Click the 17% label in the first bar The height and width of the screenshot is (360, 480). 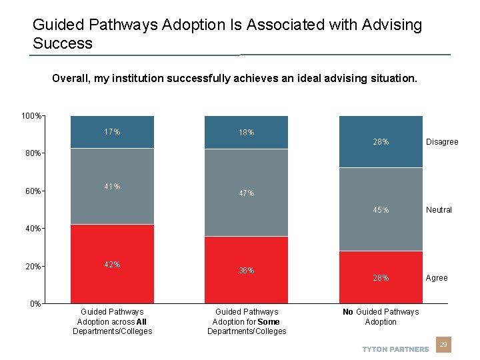pyautogui.click(x=112, y=132)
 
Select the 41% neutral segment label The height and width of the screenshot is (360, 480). pyautogui.click(x=112, y=187)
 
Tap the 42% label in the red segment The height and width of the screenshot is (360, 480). pyautogui.click(x=112, y=265)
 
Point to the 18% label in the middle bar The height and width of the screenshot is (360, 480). pyautogui.click(x=247, y=133)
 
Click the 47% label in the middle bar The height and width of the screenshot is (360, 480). pyautogui.click(x=247, y=193)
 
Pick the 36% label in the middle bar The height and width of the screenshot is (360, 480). pyautogui.click(x=247, y=271)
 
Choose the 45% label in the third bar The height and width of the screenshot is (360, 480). pyautogui.click(x=381, y=210)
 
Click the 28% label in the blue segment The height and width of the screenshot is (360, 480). pyautogui.click(x=381, y=142)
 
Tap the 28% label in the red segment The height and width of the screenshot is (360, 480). pyautogui.click(x=381, y=278)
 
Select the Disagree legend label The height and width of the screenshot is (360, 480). pyautogui.click(x=442, y=142)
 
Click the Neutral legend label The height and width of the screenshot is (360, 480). pyautogui.click(x=439, y=210)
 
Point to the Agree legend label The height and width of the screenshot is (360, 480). pyautogui.click(x=437, y=278)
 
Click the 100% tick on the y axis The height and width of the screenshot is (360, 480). pyautogui.click(x=31, y=117)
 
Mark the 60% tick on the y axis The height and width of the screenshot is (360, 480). pyautogui.click(x=33, y=191)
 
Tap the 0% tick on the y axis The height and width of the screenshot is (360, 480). pyautogui.click(x=35, y=304)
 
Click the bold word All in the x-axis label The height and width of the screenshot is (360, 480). pyautogui.click(x=141, y=321)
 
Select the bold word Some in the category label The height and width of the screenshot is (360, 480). pyautogui.click(x=268, y=321)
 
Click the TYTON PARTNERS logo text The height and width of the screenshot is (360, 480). pyautogui.click(x=395, y=349)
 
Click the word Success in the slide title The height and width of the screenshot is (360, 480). pyautogui.click(x=63, y=44)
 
